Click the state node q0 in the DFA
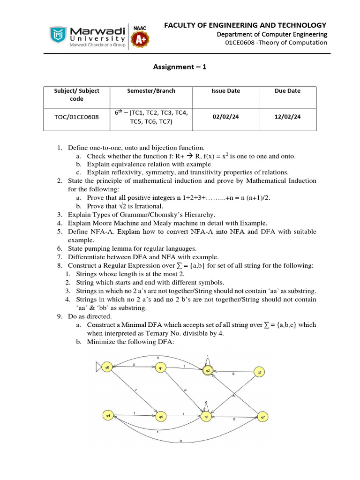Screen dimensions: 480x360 107,368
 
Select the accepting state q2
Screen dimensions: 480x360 208,370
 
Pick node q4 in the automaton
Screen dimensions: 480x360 108,415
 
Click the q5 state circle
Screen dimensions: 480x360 161,416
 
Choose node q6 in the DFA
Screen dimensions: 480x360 205,416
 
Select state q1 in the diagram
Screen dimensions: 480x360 161,368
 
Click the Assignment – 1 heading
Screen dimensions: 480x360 180,67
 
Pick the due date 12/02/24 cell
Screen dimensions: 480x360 287,117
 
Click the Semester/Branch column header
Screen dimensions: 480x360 151,91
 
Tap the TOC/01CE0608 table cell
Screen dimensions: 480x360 77,117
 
